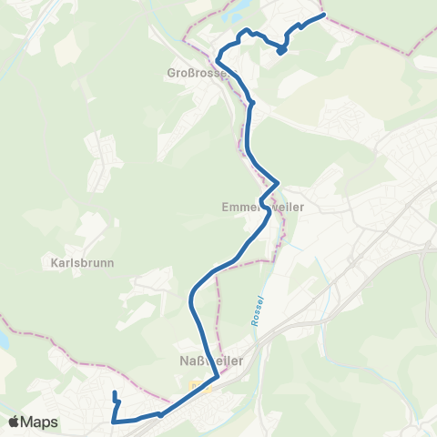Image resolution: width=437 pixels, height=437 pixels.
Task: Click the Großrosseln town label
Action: [195, 72]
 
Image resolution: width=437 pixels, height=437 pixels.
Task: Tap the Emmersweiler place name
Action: [261, 208]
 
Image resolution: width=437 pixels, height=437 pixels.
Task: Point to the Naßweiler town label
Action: [206, 361]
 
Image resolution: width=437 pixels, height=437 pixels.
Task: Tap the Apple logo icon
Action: [14, 422]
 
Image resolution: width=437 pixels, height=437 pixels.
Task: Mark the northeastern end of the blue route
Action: [323, 15]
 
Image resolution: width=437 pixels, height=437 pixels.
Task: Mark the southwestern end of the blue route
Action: [115, 392]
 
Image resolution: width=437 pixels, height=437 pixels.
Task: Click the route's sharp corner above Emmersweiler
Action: [277, 182]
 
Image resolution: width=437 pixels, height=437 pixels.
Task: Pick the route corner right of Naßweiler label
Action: [216, 374]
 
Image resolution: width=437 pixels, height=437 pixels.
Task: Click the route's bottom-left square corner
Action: [113, 422]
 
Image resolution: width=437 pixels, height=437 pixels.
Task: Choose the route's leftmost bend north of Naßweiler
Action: [190, 297]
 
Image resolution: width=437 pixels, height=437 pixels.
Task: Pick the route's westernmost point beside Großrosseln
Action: [217, 60]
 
